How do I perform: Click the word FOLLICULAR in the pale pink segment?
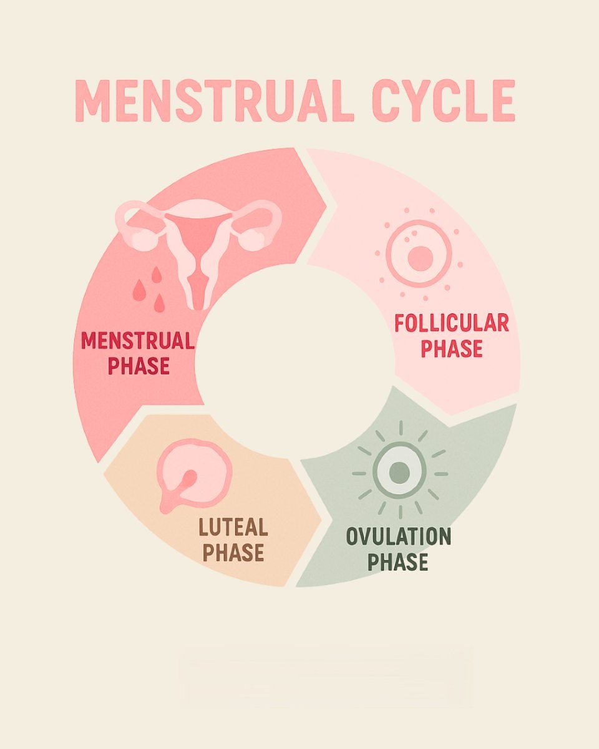[x=452, y=324]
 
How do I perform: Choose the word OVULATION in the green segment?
[x=398, y=537]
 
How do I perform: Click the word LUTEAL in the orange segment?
[x=233, y=528]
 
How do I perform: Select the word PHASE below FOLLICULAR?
[x=452, y=349]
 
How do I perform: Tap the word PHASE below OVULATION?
[x=397, y=562]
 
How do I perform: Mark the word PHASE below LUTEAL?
[x=233, y=553]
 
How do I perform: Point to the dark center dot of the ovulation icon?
[x=400, y=472]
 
